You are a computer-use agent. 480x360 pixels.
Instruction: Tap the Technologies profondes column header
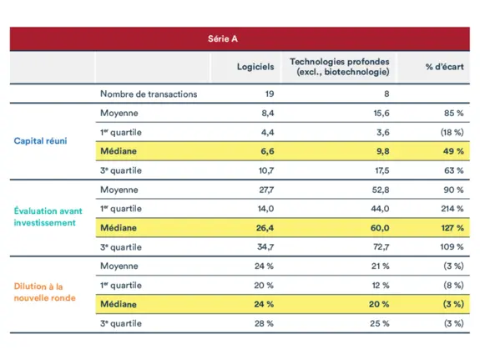click(x=339, y=67)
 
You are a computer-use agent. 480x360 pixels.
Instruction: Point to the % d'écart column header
click(x=444, y=67)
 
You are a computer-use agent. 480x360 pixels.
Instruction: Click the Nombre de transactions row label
click(x=149, y=94)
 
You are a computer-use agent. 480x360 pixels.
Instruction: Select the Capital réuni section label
click(x=40, y=140)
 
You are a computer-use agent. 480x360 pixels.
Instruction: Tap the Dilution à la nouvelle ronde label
click(x=44, y=292)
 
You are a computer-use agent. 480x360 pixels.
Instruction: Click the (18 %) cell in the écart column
click(x=452, y=132)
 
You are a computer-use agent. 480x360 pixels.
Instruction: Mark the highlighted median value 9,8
click(x=382, y=151)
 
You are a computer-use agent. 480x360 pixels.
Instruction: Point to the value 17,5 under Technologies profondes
click(x=380, y=170)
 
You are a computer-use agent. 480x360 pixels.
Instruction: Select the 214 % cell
click(x=452, y=208)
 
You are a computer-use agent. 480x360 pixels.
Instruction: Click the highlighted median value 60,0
click(x=380, y=227)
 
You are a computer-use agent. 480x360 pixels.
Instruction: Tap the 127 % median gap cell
click(x=452, y=227)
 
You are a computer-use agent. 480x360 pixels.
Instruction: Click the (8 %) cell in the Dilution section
click(x=453, y=285)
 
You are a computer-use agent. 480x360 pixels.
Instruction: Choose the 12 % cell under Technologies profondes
click(x=381, y=285)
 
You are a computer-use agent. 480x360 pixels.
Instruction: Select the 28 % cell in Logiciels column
click(x=264, y=323)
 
